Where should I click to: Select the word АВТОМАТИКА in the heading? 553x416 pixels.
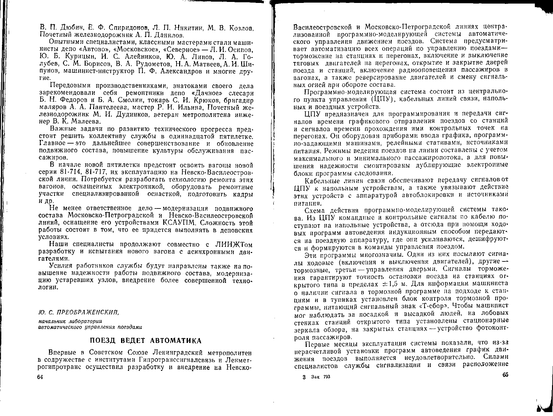pyautogui.click(x=177, y=341)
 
